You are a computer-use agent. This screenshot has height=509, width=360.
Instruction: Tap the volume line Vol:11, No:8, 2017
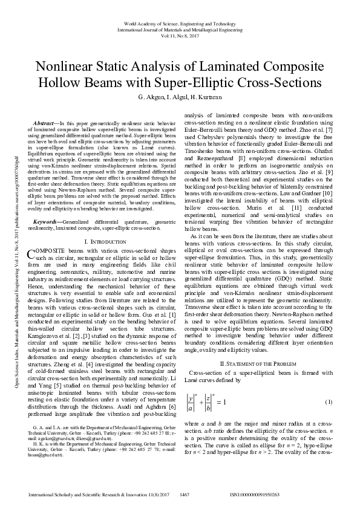click(180, 35)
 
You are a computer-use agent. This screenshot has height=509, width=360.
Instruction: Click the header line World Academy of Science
click(180, 22)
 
